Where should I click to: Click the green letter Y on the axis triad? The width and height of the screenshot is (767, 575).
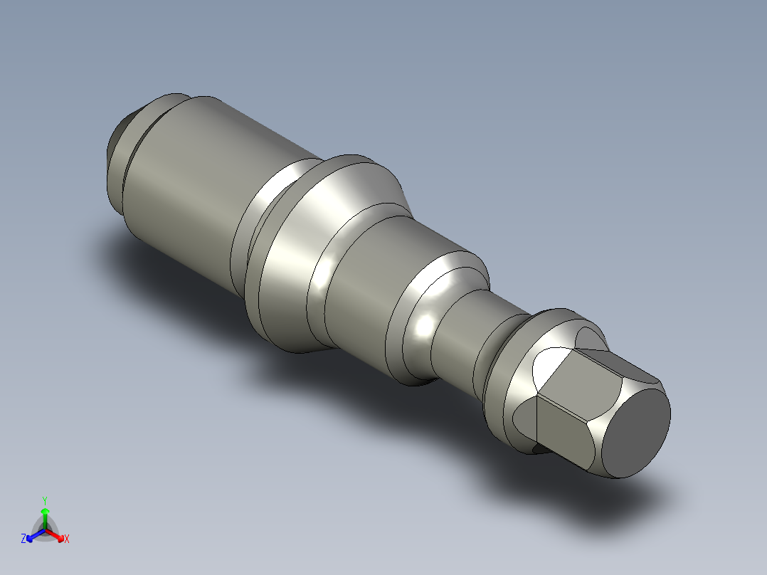[44, 500]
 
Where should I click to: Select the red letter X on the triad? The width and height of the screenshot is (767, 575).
[67, 539]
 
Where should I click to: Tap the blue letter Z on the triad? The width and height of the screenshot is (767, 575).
[23, 539]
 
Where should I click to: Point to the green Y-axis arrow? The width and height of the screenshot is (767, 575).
[45, 516]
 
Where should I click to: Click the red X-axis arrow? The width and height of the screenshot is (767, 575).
[57, 534]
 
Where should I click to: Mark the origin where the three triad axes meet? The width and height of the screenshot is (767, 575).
[45, 529]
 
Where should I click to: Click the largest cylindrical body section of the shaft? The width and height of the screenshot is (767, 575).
[192, 192]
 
